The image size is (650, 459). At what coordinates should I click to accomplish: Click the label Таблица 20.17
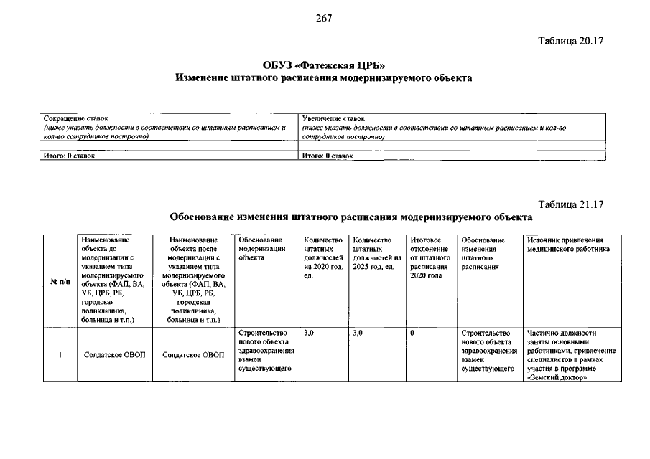tap(572, 41)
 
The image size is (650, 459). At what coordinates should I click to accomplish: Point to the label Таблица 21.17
tap(572, 204)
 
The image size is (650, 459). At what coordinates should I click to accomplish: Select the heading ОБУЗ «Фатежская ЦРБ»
tap(324, 66)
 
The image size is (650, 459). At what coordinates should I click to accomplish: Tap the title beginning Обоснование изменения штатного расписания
tap(350, 216)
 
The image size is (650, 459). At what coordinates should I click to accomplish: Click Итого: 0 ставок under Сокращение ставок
tap(70, 155)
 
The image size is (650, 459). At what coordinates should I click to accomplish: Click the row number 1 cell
tap(60, 355)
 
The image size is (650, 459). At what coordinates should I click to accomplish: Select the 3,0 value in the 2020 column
tap(310, 333)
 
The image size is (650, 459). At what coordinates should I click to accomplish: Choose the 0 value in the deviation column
tap(412, 333)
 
